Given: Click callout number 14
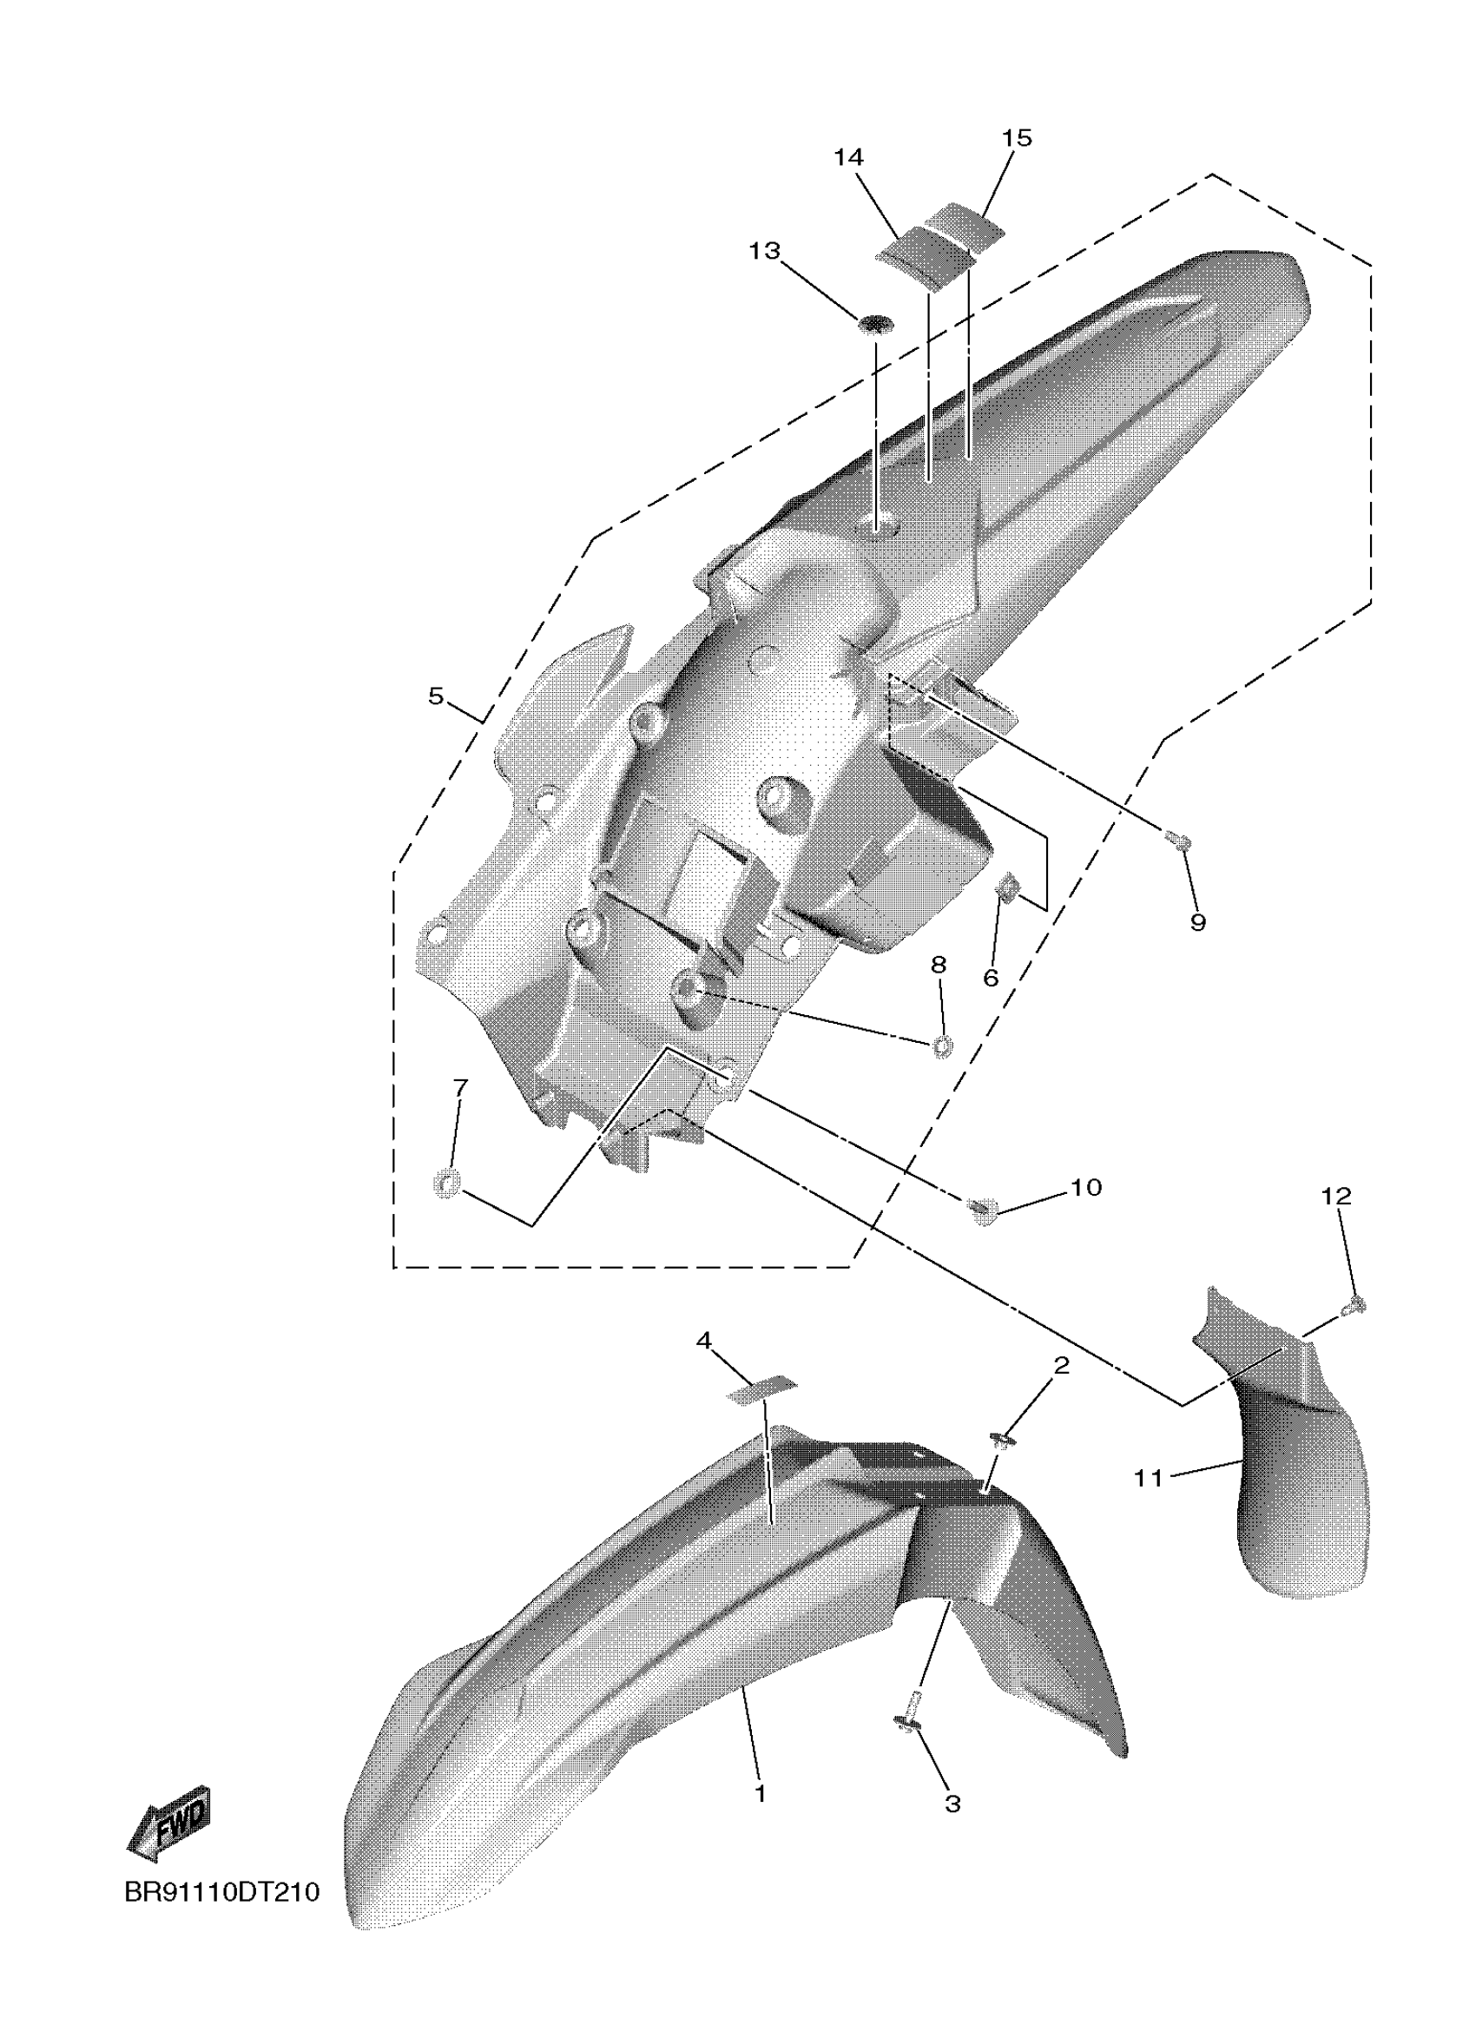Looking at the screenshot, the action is click(848, 158).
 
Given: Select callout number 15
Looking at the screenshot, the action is click(1017, 138).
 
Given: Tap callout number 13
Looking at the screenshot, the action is click(765, 251).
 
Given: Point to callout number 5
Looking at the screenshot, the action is click(436, 696).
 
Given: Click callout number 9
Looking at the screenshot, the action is click(1197, 922).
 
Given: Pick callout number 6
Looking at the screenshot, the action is click(991, 978).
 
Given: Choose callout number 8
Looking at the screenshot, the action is click(939, 965).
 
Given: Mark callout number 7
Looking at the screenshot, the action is click(460, 1088).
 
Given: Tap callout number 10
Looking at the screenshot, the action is click(1086, 1188).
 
